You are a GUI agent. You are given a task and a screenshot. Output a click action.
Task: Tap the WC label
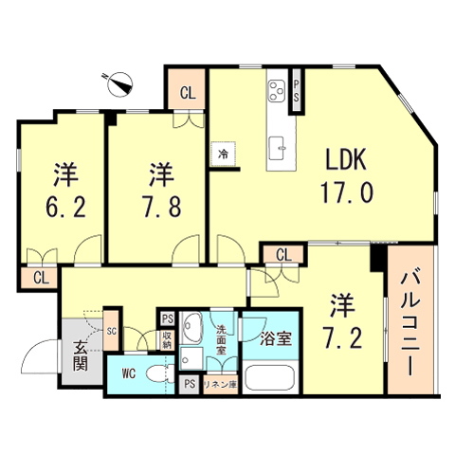tap(129, 373)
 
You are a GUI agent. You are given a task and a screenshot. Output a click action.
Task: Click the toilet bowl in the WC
tap(159, 373)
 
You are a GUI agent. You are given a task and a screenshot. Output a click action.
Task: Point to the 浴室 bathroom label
tap(272, 337)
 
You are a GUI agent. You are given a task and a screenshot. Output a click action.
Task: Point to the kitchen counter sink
tap(280, 145)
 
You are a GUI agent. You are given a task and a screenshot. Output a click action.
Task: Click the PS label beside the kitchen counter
tap(298, 91)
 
